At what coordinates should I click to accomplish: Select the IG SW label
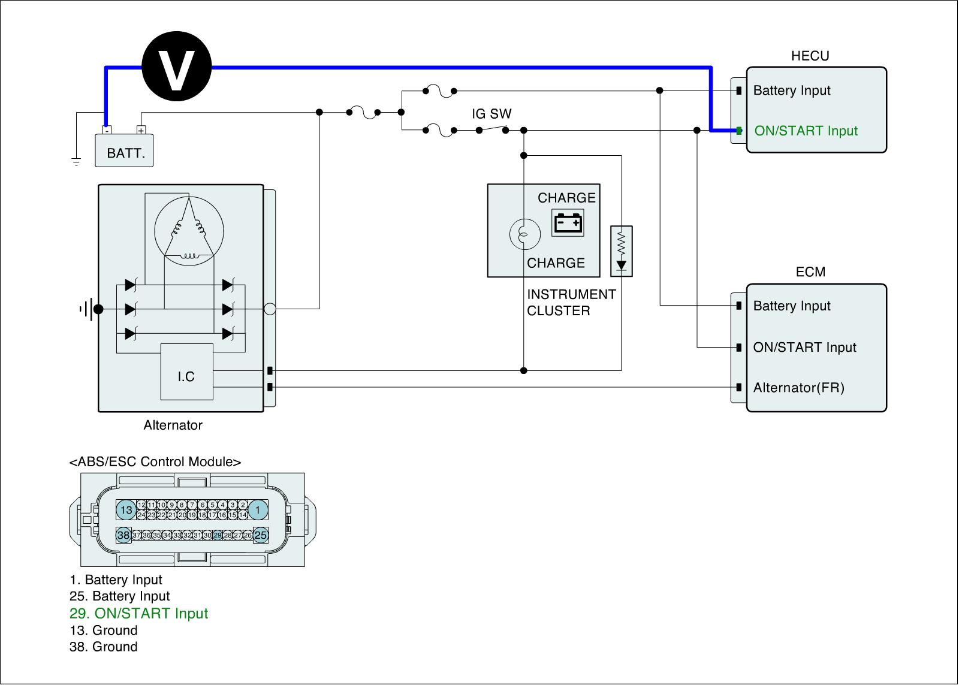[x=491, y=114]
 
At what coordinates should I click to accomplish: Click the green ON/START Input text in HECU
[x=806, y=131]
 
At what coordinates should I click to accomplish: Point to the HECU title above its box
[x=810, y=56]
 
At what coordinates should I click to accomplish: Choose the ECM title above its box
[x=810, y=272]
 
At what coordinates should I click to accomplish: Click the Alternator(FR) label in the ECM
[x=798, y=388]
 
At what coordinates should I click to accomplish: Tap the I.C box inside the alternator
[x=186, y=372]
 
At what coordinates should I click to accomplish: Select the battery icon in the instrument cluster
[x=568, y=223]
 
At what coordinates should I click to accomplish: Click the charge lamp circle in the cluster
[x=524, y=233]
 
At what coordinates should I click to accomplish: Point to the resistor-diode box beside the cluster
[x=621, y=251]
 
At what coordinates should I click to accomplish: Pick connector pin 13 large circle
[x=126, y=510]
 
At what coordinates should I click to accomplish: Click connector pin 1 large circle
[x=258, y=510]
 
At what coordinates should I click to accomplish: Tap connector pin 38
[x=123, y=535]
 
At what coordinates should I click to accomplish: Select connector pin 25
[x=261, y=535]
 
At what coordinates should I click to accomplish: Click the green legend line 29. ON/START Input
[x=139, y=614]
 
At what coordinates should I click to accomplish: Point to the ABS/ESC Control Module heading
[x=155, y=462]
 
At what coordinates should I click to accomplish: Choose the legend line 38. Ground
[x=104, y=647]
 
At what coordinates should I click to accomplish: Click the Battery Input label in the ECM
[x=791, y=306]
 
